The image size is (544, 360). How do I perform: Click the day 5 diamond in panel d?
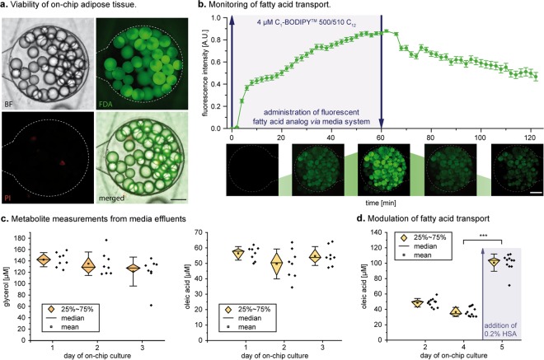click(x=494, y=262)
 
